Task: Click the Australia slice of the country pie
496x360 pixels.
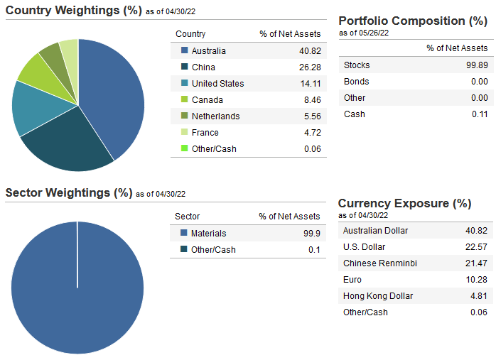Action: (114, 96)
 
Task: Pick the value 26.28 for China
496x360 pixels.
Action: (311, 67)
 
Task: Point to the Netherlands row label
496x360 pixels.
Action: (215, 116)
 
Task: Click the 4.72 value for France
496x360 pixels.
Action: (311, 133)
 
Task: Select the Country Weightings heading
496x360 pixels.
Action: (78, 11)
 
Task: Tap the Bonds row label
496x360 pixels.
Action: (356, 82)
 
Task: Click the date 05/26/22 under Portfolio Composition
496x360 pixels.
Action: (374, 33)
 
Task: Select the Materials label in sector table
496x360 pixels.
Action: (209, 234)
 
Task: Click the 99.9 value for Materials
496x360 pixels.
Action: (311, 234)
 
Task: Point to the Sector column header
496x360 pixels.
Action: (188, 217)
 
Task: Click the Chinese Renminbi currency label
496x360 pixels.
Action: (379, 263)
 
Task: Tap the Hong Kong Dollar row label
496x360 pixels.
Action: (377, 296)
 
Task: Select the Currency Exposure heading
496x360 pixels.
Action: (404, 203)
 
